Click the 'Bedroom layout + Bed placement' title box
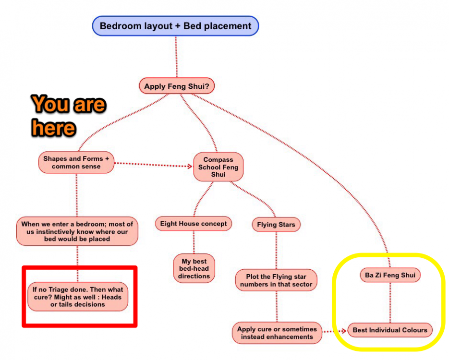click(x=175, y=26)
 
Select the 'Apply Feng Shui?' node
click(x=177, y=86)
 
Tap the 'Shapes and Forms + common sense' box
click(x=76, y=162)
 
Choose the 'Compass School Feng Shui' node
click(x=218, y=167)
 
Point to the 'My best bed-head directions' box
click(x=194, y=268)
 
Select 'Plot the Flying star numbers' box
click(x=276, y=280)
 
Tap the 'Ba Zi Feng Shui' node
click(x=390, y=276)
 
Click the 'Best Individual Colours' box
click(x=389, y=330)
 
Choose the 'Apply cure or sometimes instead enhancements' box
click(x=277, y=333)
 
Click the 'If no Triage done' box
click(x=77, y=297)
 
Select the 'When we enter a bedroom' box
click(x=77, y=231)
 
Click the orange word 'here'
click(x=54, y=127)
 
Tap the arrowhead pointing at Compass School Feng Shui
click(x=189, y=167)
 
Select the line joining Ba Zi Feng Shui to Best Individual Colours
click(x=390, y=303)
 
